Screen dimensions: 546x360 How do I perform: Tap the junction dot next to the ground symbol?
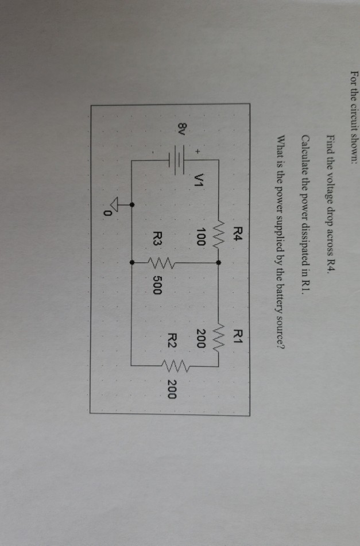133,204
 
